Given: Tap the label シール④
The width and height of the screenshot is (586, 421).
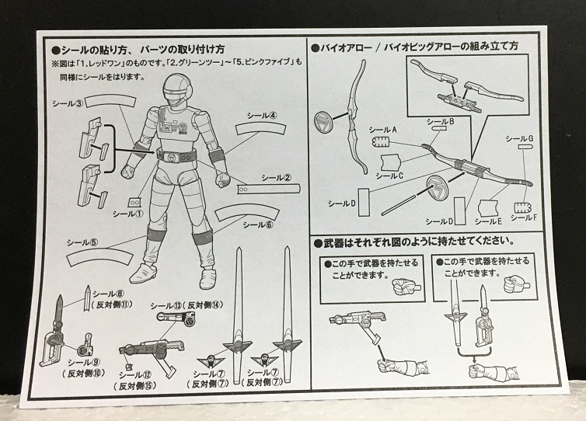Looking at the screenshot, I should pyautogui.click(x=263, y=115).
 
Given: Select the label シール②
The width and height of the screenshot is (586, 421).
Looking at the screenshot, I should pyautogui.click(x=277, y=177).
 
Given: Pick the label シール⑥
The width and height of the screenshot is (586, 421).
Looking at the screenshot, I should pyautogui.click(x=259, y=225).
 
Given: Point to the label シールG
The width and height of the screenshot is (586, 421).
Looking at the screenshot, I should pyautogui.click(x=518, y=138).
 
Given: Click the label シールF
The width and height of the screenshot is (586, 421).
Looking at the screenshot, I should pyautogui.click(x=525, y=217).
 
